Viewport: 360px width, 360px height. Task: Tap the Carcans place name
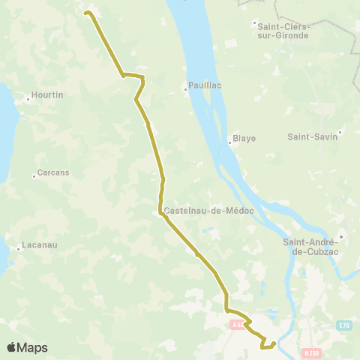[x=54, y=172]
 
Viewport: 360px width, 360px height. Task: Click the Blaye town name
[x=244, y=138]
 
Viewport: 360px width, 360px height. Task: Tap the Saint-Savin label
[x=313, y=136]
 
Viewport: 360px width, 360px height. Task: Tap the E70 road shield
[x=344, y=325]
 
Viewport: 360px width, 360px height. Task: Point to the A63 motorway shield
[x=237, y=325]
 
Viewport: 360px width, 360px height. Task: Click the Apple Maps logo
[x=27, y=347]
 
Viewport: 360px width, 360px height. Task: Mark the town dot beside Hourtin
[x=28, y=98]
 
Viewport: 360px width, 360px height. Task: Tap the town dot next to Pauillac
[x=186, y=90]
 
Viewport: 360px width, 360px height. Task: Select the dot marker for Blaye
[x=229, y=142]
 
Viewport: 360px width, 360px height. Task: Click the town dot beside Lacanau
[x=18, y=248]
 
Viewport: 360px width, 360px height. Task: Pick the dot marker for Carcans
[x=34, y=176]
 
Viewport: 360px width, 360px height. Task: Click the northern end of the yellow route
[x=86, y=12]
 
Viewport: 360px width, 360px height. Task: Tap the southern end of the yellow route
[x=274, y=343]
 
